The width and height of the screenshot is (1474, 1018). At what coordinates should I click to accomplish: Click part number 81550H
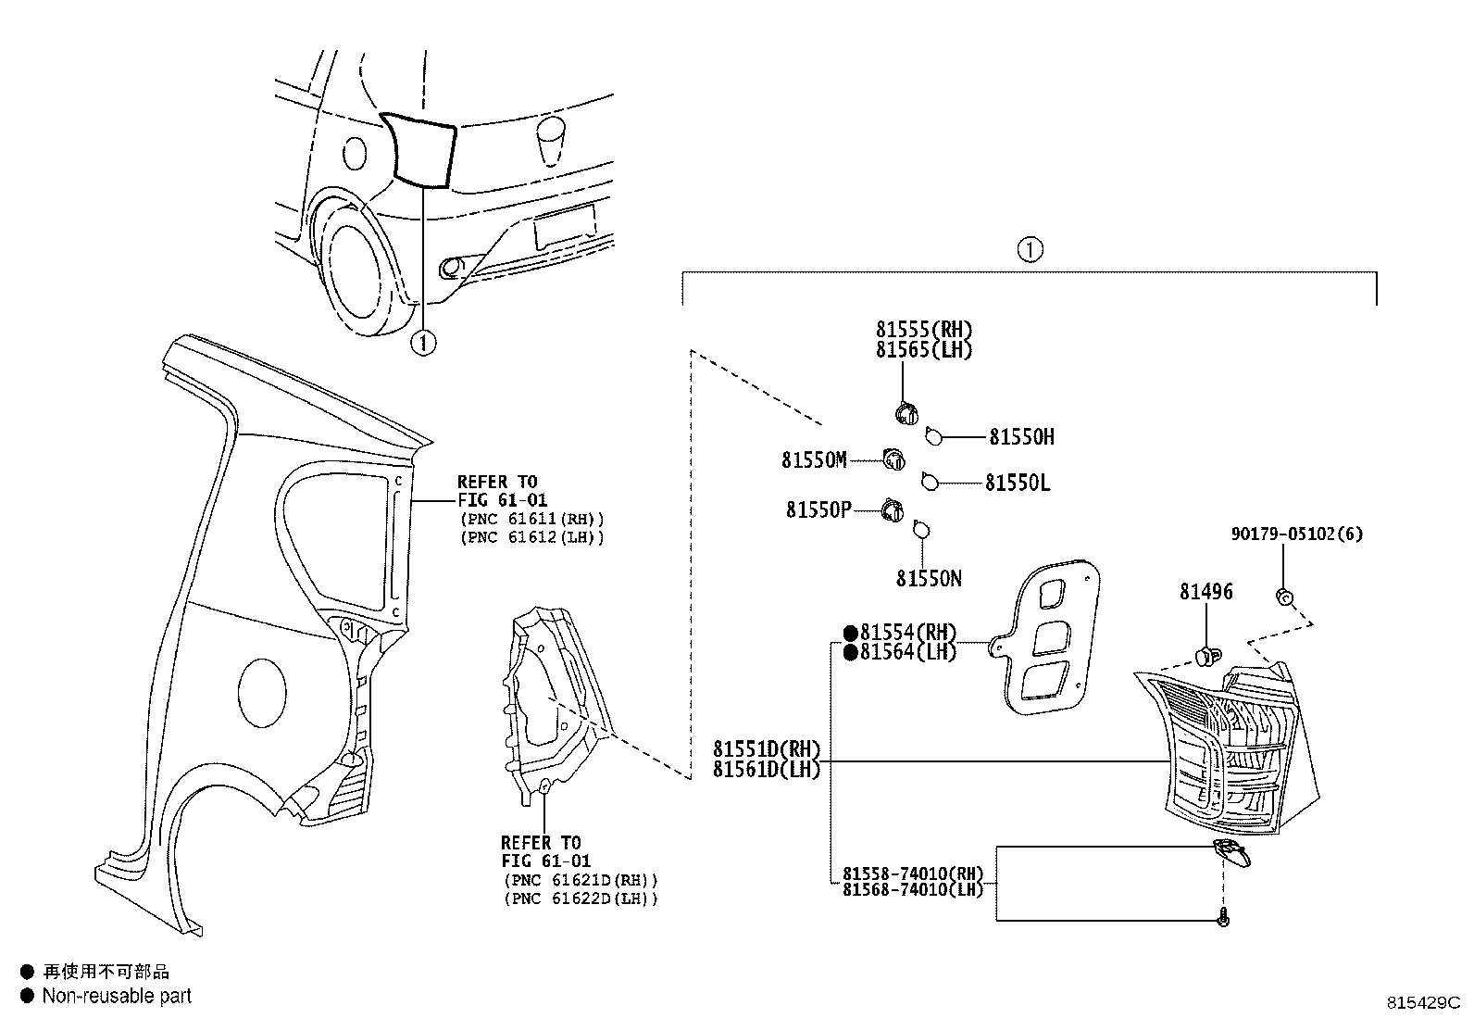(1021, 437)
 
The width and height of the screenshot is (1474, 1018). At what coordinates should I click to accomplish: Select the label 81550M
(814, 460)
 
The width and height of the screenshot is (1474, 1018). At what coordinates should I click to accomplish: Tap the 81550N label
(929, 579)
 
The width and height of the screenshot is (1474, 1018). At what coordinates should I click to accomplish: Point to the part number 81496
(1205, 591)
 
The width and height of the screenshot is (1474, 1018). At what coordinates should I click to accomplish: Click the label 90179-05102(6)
(1296, 534)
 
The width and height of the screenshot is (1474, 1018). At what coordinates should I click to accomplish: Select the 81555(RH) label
(924, 330)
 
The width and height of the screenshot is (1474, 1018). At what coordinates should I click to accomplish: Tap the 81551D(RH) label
(767, 748)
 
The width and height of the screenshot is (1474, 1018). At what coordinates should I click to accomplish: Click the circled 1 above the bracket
(1030, 249)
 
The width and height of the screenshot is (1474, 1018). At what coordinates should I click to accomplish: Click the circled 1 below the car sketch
(422, 343)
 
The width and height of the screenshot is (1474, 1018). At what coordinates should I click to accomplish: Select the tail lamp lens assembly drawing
(1227, 741)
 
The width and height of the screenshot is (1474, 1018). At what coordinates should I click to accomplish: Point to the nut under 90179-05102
(1283, 596)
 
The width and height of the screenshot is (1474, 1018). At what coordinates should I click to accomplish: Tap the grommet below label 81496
(1205, 657)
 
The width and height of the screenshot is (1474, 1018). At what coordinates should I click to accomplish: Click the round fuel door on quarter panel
(263, 693)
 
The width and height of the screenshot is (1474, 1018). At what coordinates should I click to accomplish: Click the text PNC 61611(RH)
(531, 519)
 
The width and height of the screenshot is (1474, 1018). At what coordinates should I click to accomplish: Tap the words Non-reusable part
(117, 996)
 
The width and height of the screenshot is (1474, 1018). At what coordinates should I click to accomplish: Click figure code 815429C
(1422, 1003)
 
